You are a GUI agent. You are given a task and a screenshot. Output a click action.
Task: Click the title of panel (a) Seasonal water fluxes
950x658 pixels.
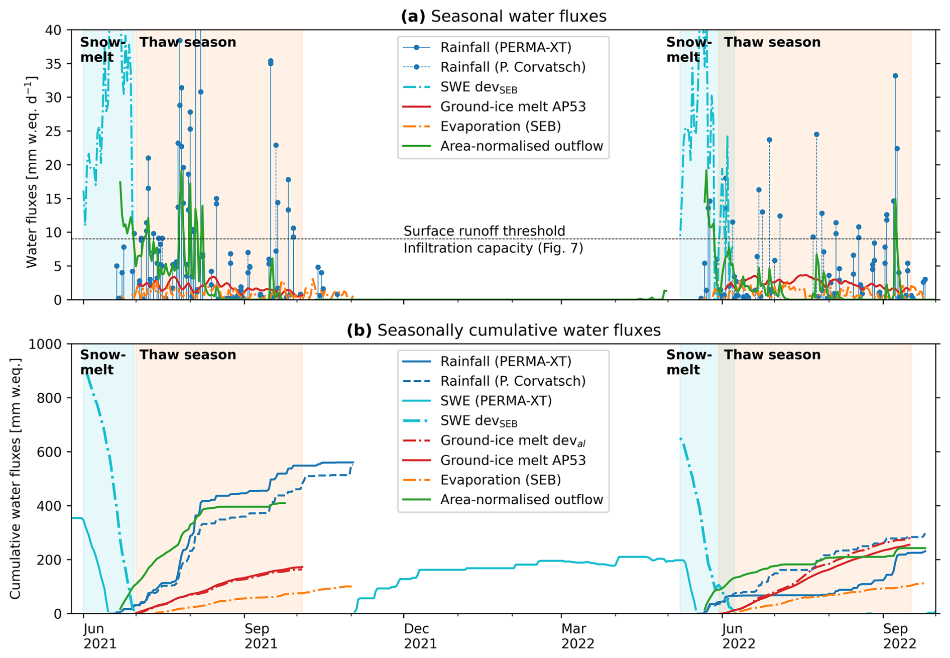pyautogui.click(x=503, y=16)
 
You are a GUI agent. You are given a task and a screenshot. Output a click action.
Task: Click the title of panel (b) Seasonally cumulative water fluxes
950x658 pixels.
pyautogui.click(x=503, y=330)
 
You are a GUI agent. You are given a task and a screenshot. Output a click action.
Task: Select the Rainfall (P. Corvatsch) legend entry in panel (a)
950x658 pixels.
pyautogui.click(x=513, y=67)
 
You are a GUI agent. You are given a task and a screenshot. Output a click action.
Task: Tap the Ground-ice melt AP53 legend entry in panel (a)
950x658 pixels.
pyautogui.click(x=513, y=106)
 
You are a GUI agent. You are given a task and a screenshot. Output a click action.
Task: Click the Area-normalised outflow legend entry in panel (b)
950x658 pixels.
pyautogui.click(x=521, y=499)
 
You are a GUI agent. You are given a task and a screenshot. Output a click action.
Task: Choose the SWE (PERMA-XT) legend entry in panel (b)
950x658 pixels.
pyautogui.click(x=496, y=400)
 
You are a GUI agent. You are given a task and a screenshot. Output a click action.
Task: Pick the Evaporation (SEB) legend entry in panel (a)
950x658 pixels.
pyautogui.click(x=500, y=126)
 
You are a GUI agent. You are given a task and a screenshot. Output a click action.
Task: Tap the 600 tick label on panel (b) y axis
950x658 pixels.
pyautogui.click(x=49, y=452)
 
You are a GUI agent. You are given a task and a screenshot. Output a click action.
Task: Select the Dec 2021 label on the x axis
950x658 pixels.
pyautogui.click(x=420, y=635)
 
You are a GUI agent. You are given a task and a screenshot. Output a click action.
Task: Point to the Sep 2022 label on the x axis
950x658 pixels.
pyautogui.click(x=899, y=635)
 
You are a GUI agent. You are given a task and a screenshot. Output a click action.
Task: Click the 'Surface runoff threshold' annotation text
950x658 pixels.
pyautogui.click(x=484, y=231)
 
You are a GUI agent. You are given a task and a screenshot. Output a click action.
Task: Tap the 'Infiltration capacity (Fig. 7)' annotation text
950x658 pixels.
pyautogui.click(x=493, y=248)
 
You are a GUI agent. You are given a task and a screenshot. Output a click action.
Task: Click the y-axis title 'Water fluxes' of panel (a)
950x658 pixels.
pyautogui.click(x=31, y=172)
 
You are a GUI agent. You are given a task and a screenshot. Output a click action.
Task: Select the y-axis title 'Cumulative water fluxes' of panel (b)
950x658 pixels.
pyautogui.click(x=15, y=479)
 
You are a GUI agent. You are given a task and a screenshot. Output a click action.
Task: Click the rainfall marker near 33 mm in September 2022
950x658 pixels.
pyautogui.click(x=895, y=76)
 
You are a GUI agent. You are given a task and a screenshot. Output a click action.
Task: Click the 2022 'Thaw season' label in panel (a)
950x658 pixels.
pyautogui.click(x=772, y=42)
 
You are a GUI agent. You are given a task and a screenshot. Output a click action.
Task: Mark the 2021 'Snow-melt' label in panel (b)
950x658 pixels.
pyautogui.click(x=102, y=362)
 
